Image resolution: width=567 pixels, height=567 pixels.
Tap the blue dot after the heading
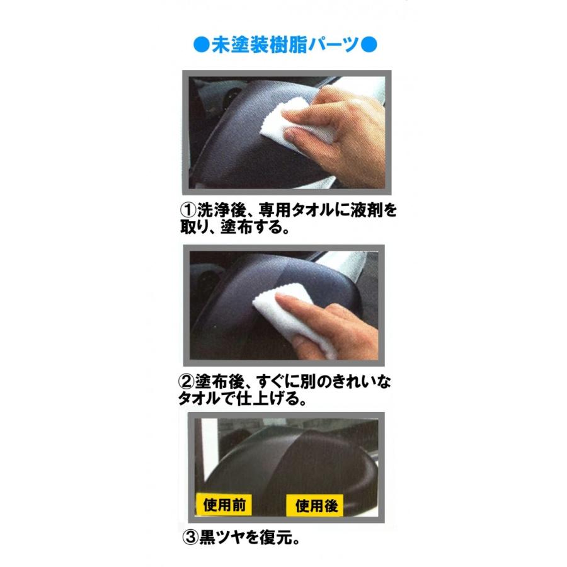point(370,45)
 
